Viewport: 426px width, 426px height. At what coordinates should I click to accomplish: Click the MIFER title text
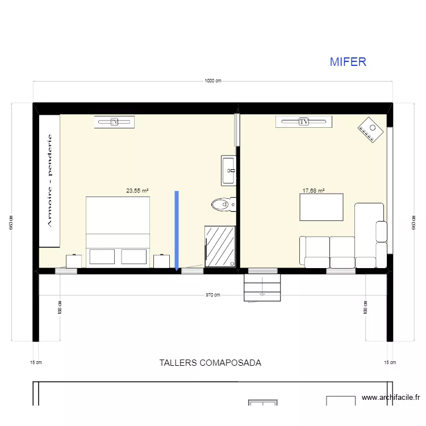(x=348, y=62)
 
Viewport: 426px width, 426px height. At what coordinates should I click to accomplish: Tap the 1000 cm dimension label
(x=213, y=81)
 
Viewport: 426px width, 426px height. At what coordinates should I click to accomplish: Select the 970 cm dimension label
(x=213, y=295)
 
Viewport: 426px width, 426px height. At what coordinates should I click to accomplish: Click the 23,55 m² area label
(x=137, y=191)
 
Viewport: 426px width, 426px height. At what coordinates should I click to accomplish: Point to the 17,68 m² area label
(x=314, y=191)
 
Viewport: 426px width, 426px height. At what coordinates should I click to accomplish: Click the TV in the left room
(x=114, y=122)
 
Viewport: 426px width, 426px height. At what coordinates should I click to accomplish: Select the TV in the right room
(x=303, y=122)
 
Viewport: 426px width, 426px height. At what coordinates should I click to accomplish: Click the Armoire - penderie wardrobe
(x=49, y=181)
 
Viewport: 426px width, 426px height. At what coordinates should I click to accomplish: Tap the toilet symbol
(x=223, y=204)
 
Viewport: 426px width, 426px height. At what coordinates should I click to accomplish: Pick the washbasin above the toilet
(x=229, y=170)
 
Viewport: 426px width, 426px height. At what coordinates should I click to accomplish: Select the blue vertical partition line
(x=177, y=230)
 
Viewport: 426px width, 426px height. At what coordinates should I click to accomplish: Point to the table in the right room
(x=321, y=207)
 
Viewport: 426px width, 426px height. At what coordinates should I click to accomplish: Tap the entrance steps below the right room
(x=262, y=286)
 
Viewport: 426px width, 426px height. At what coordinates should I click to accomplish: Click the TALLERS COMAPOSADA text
(x=210, y=362)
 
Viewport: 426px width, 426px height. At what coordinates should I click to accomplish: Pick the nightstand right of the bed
(x=162, y=261)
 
